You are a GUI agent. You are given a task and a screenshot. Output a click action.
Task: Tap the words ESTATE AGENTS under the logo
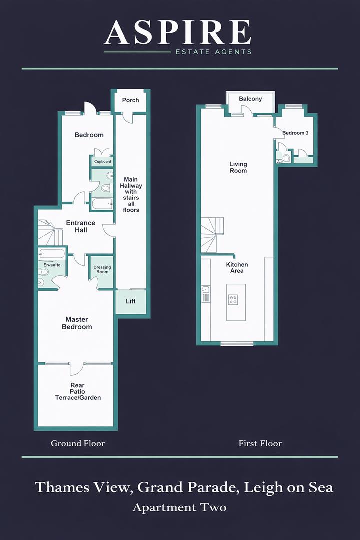pyautogui.click(x=212, y=51)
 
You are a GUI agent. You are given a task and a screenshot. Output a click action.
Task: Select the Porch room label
pyautogui.click(x=131, y=100)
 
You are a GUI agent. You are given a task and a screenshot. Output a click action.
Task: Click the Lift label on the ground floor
pyautogui.click(x=131, y=301)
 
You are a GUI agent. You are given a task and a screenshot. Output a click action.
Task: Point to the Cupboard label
pyautogui.click(x=103, y=162)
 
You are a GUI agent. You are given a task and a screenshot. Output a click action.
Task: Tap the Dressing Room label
pyautogui.click(x=102, y=270)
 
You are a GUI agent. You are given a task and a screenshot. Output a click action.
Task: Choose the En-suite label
pyautogui.click(x=52, y=265)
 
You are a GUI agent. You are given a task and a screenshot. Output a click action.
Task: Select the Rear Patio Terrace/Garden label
pyautogui.click(x=78, y=392)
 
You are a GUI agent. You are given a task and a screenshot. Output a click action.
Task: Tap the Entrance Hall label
pyautogui.click(x=81, y=226)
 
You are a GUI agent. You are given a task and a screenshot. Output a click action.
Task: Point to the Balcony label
pyautogui.click(x=250, y=99)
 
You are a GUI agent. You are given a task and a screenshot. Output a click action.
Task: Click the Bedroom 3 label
pyautogui.click(x=295, y=133)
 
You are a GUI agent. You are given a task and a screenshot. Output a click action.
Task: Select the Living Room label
pyautogui.click(x=238, y=167)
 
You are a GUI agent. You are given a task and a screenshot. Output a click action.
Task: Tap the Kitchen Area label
pyautogui.click(x=237, y=268)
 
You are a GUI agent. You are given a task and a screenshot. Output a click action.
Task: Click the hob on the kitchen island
pyautogui.click(x=233, y=299)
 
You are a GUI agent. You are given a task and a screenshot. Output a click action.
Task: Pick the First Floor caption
pyautogui.click(x=260, y=443)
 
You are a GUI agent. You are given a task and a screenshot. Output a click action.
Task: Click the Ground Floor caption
pyautogui.click(x=78, y=443)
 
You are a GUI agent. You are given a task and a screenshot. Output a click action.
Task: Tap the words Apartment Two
pyautogui.click(x=179, y=508)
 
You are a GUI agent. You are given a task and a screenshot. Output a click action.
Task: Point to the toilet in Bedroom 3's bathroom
pyautogui.click(x=286, y=158)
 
